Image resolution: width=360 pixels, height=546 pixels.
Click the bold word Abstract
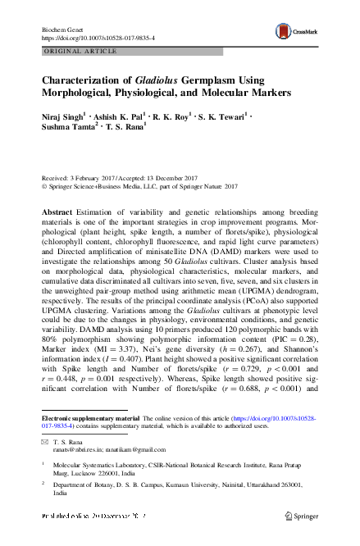(57, 212)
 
